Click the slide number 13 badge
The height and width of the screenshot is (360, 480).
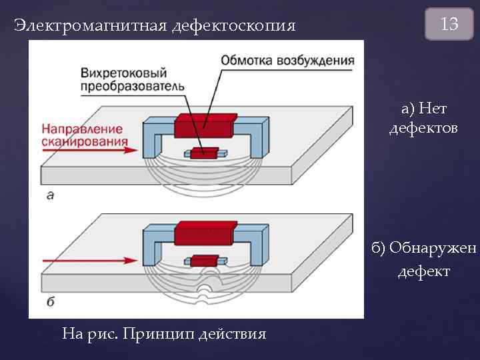[449, 25]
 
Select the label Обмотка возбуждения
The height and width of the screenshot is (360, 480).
[288, 61]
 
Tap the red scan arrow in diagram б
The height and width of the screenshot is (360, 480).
[87, 259]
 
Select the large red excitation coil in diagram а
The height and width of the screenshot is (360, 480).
[204, 125]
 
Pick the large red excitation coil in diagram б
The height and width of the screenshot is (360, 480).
[204, 233]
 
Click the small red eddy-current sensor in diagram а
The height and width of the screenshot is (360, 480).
[204, 153]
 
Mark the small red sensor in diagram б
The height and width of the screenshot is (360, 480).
[204, 260]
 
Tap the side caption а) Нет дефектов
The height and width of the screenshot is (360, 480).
[423, 118]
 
